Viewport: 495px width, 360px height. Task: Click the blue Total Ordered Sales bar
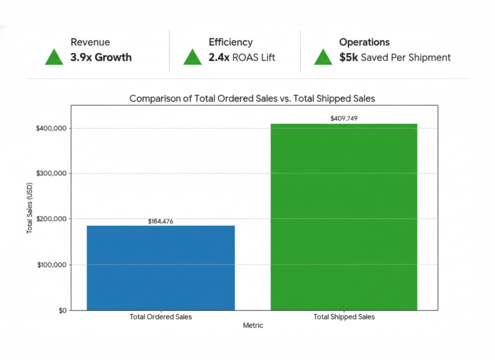click(x=160, y=268)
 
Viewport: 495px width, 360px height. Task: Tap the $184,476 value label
click(x=160, y=222)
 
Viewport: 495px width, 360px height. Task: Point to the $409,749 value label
click(x=344, y=118)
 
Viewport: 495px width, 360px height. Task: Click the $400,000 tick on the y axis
click(x=52, y=128)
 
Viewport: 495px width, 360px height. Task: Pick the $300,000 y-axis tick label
click(x=52, y=173)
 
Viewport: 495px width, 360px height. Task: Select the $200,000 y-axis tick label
click(x=52, y=219)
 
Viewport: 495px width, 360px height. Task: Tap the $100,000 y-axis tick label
click(x=52, y=265)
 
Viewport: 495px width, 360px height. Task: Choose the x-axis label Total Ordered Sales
click(x=160, y=317)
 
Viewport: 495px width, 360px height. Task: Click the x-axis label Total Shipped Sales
click(x=344, y=317)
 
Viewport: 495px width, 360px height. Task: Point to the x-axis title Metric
click(x=253, y=326)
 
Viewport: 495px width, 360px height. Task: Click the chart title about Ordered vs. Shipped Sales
click(x=252, y=99)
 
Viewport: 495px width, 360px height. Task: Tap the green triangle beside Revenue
click(x=54, y=57)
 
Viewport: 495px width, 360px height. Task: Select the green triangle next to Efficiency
click(x=192, y=57)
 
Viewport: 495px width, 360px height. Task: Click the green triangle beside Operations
click(x=323, y=57)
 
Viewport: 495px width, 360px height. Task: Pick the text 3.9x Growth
click(x=101, y=58)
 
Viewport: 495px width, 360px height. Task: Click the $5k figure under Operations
click(x=349, y=58)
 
